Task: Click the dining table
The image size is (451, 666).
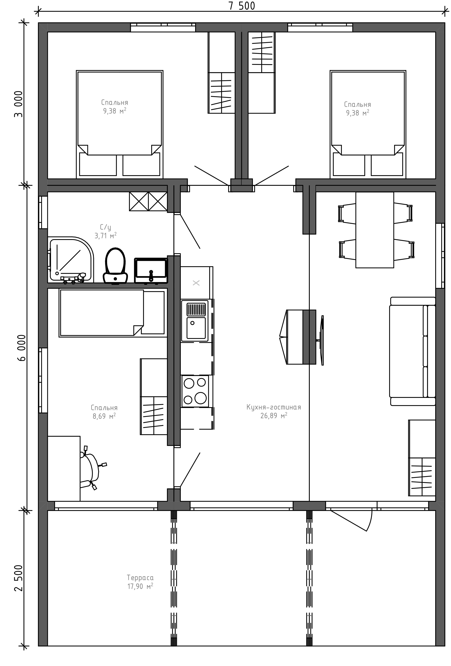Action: pyautogui.click(x=374, y=230)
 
